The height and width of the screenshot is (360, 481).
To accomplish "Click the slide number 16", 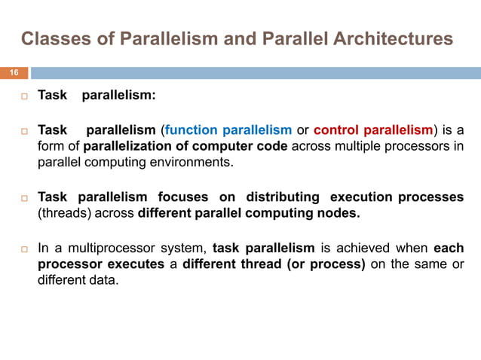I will point(14,73).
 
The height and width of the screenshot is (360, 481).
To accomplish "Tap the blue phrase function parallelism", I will point(229,130).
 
